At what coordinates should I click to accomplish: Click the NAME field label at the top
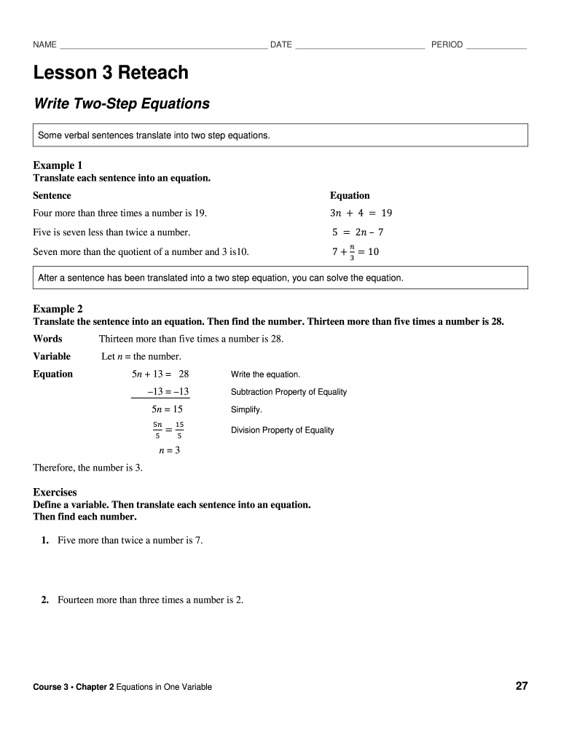44,45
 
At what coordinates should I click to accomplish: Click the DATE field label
280,45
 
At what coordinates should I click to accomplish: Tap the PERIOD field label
447,45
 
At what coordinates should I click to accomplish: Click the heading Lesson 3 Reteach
111,73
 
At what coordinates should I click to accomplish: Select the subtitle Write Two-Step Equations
122,104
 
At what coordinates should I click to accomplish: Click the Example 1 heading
58,165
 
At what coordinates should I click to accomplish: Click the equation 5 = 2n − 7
358,232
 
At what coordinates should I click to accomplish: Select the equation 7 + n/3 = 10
356,252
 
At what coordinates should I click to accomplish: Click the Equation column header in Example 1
350,195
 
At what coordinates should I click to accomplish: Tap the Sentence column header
52,195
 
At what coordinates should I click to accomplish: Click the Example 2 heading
58,309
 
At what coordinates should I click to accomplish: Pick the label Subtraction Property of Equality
289,392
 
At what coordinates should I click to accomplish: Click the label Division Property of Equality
282,430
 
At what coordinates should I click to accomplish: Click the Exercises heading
55,492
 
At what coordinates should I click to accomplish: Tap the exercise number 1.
44,541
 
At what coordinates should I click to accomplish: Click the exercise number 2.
44,600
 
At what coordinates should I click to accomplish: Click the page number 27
521,686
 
